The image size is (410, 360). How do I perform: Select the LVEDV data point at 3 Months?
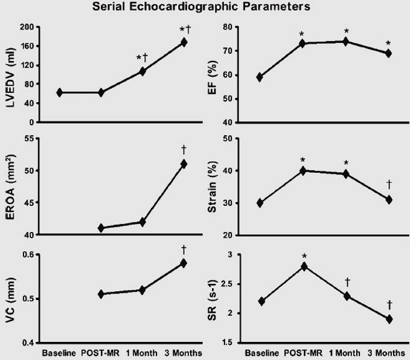point(184,42)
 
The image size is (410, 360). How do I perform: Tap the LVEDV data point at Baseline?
point(60,92)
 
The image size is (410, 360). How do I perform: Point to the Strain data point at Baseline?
point(260,203)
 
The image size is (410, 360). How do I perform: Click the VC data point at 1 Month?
point(143,290)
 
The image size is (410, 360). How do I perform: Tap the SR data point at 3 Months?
point(389,319)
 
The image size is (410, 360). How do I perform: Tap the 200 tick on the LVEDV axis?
point(25,27)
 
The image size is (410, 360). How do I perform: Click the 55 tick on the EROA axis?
point(28,139)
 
